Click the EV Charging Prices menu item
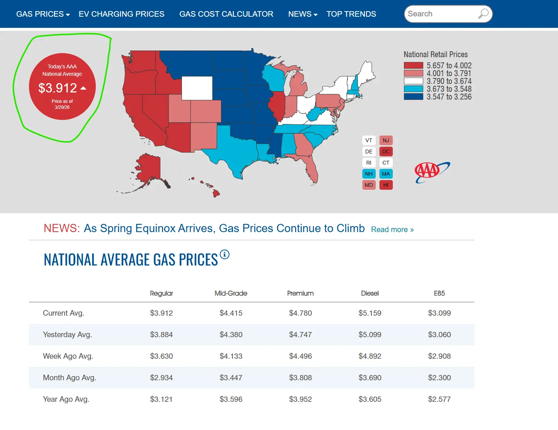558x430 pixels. (121, 14)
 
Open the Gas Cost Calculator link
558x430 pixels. (226, 14)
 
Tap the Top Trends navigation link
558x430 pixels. (351, 14)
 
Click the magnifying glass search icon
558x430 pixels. (483, 14)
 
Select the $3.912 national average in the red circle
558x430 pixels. (58, 88)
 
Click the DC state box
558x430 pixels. (386, 152)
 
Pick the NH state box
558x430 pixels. (369, 174)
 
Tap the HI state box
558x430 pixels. (386, 185)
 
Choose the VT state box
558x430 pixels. (369, 140)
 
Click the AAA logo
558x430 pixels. (432, 172)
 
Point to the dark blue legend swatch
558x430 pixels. (413, 97)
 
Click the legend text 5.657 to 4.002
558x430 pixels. (449, 65)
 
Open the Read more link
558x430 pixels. (392, 229)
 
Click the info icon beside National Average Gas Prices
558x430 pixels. (225, 254)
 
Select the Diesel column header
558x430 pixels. (370, 293)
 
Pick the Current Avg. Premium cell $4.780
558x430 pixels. (300, 313)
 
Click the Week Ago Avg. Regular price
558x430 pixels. (161, 356)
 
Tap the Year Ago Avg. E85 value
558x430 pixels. (439, 399)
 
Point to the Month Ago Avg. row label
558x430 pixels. (69, 378)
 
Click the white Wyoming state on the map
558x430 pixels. (197, 88)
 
